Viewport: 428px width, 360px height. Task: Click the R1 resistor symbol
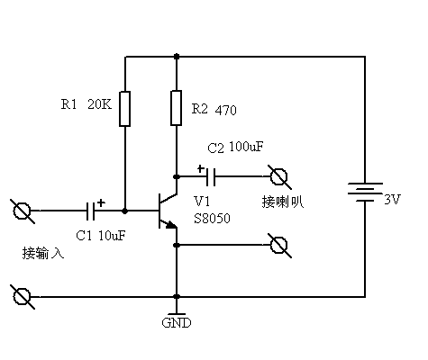(125, 109)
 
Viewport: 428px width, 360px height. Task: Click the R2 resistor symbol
(177, 108)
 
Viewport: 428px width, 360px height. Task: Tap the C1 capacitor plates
(90, 211)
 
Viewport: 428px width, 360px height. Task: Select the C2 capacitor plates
(211, 177)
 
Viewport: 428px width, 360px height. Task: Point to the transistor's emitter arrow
(170, 224)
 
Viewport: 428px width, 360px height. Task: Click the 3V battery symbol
(365, 192)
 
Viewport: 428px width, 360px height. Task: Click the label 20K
(99, 104)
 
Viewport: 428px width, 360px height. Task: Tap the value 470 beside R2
(225, 110)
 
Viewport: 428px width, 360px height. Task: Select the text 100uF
(246, 147)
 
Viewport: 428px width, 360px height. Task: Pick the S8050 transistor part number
(212, 218)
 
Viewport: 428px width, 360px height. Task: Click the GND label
(177, 323)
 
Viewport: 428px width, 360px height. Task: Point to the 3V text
(393, 199)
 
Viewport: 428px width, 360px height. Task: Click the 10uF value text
(112, 236)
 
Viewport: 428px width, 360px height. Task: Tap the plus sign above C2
(201, 168)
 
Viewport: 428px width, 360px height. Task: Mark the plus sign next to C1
(102, 202)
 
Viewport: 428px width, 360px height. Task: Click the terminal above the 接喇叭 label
(279, 176)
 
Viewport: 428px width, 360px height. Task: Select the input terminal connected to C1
(22, 211)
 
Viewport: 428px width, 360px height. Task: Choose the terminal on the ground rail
(22, 296)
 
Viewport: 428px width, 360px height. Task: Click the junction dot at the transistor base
(125, 211)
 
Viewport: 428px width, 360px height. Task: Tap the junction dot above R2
(177, 56)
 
